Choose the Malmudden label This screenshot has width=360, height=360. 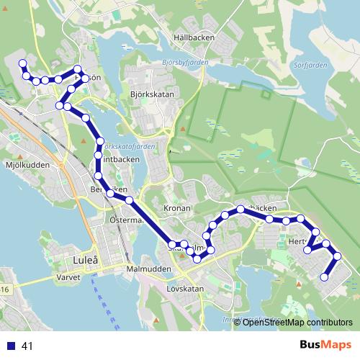(x=148, y=269)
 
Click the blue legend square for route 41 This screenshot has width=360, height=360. (x=10, y=346)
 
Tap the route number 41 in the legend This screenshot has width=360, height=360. (x=29, y=346)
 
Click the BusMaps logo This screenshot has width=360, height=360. (x=325, y=345)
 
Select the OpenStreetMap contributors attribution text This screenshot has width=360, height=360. (x=297, y=322)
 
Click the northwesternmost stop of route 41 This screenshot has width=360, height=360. (x=22, y=63)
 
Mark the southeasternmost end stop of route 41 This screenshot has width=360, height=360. (x=324, y=276)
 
